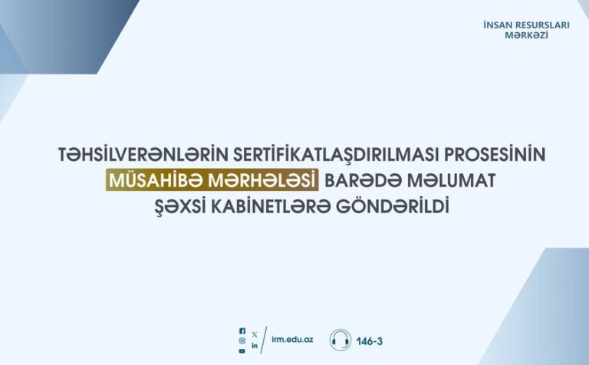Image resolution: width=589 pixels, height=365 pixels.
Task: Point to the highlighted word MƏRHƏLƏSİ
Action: click(x=262, y=180)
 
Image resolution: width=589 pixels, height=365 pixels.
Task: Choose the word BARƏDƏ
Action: click(x=363, y=180)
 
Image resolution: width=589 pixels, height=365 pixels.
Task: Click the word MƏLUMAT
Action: click(x=451, y=180)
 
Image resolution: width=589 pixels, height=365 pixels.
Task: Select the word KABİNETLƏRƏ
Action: click(x=271, y=206)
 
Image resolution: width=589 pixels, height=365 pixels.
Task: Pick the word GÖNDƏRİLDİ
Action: click(x=392, y=206)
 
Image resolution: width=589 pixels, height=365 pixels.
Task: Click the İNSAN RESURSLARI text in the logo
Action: click(x=526, y=25)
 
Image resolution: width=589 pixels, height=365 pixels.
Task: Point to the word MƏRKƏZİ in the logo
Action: click(x=526, y=35)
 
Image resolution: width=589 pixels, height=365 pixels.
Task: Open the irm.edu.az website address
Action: click(x=292, y=340)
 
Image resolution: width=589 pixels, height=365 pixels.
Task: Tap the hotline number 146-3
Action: click(x=369, y=341)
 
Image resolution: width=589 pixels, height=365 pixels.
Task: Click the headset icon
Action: click(x=341, y=340)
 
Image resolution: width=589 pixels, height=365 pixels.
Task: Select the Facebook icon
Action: click(x=242, y=330)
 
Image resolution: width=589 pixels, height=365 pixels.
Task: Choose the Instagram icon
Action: click(x=242, y=340)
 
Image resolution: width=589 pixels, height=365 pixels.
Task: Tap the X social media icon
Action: click(x=255, y=334)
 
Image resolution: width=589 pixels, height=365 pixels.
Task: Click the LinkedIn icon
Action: click(x=255, y=346)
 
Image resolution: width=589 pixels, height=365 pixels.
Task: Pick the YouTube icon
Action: click(x=242, y=350)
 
